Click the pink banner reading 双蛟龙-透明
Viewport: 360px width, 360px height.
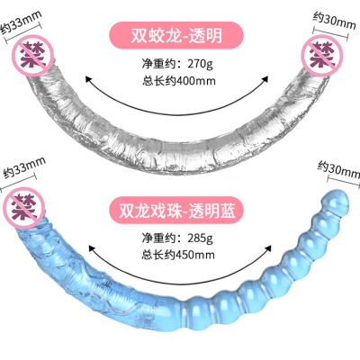175,35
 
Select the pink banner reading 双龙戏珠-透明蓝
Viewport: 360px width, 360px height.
175,211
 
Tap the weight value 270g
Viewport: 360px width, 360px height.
200,64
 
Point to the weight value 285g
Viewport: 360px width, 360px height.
200,238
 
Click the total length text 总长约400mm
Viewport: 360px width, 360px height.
179,81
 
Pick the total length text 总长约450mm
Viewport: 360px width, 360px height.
178,255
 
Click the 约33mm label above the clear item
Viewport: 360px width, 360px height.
21,23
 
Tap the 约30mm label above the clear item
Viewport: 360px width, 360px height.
334,21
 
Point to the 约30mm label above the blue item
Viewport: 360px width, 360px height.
339,168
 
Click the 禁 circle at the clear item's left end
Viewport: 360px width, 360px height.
32,55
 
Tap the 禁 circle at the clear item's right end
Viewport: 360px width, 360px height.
322,56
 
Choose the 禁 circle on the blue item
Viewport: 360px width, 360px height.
24,208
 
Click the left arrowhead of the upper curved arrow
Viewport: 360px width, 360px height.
88,79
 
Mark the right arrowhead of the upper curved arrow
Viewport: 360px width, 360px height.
265,79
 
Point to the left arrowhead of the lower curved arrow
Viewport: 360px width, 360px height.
93,247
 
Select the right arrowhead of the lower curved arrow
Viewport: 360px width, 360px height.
267,248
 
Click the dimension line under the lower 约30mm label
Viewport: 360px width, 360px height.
343,181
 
